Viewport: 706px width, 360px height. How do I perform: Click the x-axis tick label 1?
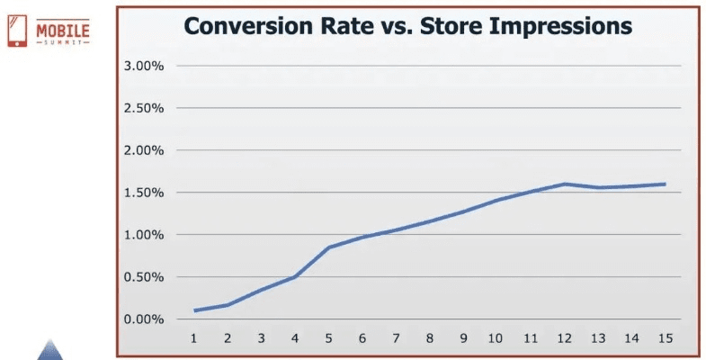pyautogui.click(x=193, y=338)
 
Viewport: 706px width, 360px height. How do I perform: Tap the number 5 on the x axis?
pyautogui.click(x=329, y=338)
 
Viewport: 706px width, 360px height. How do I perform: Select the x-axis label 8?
pyautogui.click(x=430, y=338)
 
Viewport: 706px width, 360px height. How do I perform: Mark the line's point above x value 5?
pyautogui.click(x=329, y=247)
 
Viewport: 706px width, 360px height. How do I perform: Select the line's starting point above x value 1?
pyautogui.click(x=193, y=310)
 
